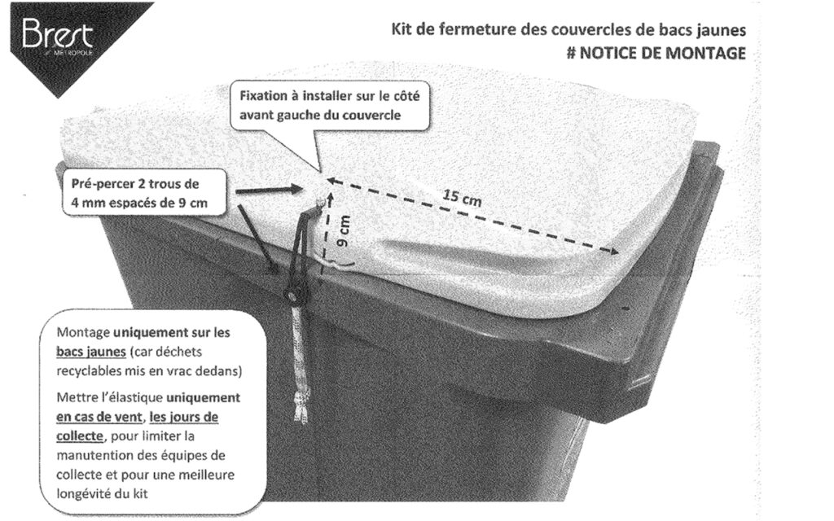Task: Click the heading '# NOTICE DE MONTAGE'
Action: coord(659,53)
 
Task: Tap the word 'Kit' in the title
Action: coord(402,31)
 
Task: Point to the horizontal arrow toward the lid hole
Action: coord(265,190)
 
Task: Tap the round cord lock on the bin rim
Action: coord(292,295)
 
